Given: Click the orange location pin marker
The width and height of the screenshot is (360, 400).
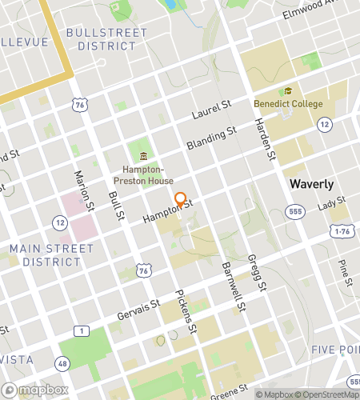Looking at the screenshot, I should (181, 200).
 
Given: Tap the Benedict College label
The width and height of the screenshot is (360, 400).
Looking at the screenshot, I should (288, 104).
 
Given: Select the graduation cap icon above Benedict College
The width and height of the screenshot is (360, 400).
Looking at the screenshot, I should (288, 91).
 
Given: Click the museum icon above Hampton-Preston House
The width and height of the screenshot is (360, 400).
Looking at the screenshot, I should (143, 155).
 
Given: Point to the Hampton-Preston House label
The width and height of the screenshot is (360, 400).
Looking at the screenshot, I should (143, 174).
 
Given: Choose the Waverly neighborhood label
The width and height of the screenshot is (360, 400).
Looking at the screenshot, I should (312, 184).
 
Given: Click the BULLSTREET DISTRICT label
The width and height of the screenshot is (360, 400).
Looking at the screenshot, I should (106, 39).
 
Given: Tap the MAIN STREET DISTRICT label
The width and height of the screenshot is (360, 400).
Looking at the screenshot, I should (51, 255).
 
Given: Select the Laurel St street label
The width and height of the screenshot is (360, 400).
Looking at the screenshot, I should (211, 110).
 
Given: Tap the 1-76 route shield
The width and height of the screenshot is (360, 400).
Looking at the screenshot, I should (342, 231).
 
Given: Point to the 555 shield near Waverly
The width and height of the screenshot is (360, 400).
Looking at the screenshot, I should (295, 210).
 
